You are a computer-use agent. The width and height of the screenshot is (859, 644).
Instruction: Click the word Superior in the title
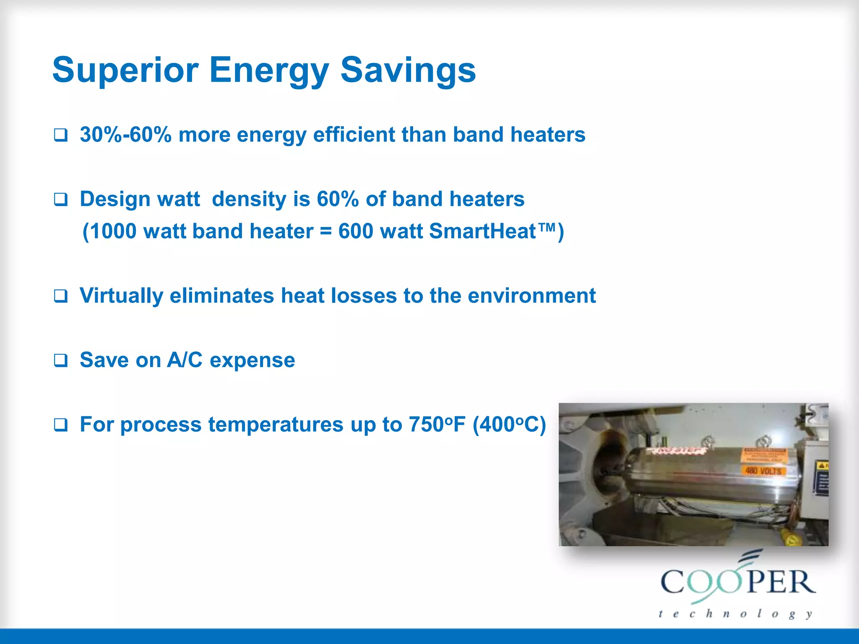pos(125,70)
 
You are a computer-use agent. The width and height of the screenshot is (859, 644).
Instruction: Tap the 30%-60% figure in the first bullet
pos(125,135)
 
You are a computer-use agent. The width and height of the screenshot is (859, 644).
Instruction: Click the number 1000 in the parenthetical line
pos(113,231)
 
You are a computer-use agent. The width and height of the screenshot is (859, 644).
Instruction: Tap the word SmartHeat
pos(482,231)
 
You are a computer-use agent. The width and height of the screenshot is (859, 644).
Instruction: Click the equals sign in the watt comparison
pos(326,231)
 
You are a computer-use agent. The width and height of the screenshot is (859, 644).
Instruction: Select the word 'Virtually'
pos(121,296)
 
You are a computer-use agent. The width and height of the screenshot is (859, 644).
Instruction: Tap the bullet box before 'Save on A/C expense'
pos(61,360)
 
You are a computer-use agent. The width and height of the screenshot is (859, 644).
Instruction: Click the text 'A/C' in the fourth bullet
pos(185,360)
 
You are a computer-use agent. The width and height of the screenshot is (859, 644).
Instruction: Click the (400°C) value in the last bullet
pos(509,424)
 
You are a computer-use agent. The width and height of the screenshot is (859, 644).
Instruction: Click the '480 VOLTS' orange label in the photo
pos(763,471)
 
